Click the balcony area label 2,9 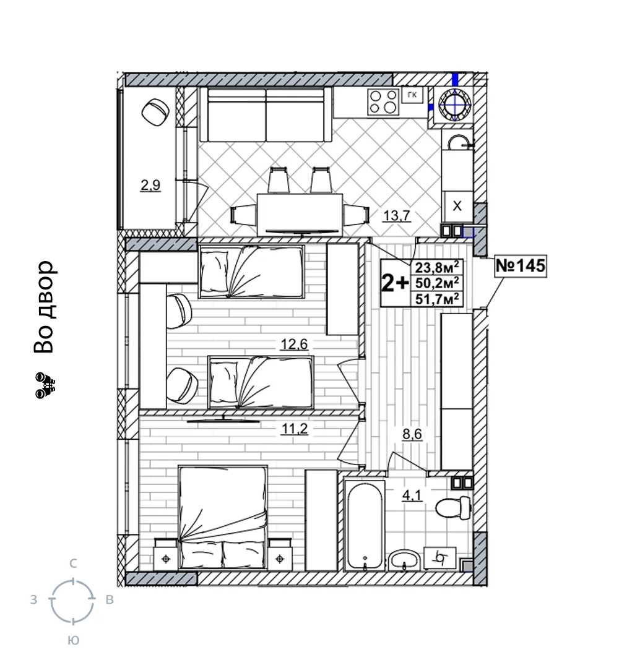tap(150, 185)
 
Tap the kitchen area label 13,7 tap(396, 215)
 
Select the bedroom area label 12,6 tap(295, 345)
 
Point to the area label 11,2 tap(295, 429)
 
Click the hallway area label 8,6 tap(412, 434)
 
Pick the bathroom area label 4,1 tap(412, 495)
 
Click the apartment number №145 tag tap(521, 265)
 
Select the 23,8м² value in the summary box tap(437, 267)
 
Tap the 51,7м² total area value tap(437, 299)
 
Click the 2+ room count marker tap(394, 283)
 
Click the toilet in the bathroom tap(453, 508)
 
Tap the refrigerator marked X tap(457, 206)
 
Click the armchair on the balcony tap(155, 113)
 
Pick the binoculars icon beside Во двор tap(45, 385)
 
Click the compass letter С tap(73, 564)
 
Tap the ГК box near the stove tap(412, 95)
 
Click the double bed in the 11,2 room tap(223, 517)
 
